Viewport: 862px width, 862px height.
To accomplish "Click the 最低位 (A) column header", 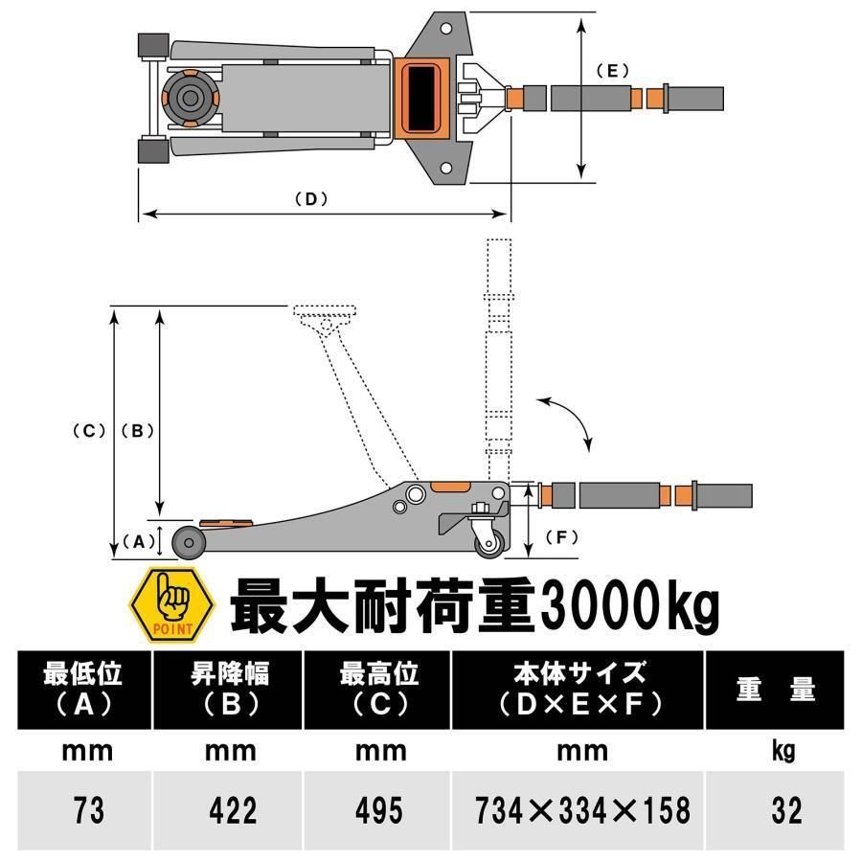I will [x=83, y=689].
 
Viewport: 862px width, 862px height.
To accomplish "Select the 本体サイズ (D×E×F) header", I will [x=581, y=689].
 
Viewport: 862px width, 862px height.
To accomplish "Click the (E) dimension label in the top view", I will [x=610, y=70].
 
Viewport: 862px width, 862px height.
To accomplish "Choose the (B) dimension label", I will [x=137, y=431].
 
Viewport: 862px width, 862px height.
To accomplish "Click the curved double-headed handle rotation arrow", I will [x=573, y=421].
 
